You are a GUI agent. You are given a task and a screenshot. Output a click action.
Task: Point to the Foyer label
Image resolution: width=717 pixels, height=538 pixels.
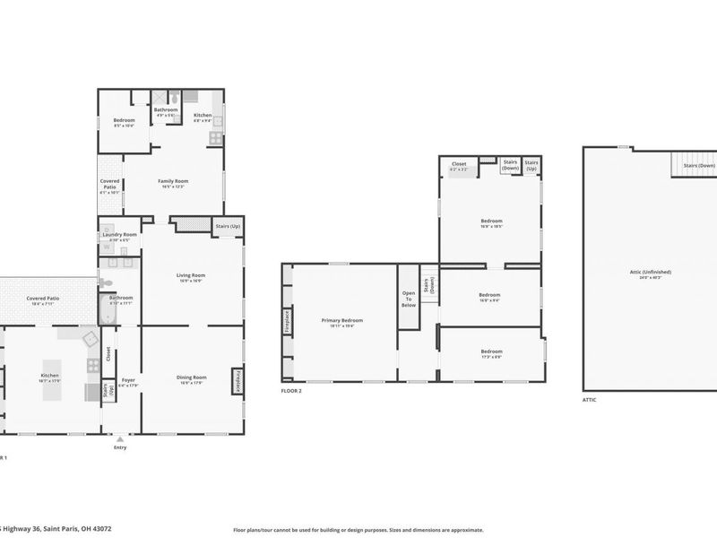coord(128,380)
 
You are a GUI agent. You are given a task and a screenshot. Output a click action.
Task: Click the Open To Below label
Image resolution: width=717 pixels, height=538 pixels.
coord(409,299)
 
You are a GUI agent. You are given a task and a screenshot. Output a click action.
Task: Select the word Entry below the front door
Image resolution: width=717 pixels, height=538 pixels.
coord(120,447)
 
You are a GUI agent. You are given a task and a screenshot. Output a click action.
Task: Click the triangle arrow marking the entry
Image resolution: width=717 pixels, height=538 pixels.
coord(120,438)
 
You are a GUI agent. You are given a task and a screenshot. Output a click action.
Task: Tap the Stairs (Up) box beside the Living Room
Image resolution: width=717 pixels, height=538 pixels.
coord(227,226)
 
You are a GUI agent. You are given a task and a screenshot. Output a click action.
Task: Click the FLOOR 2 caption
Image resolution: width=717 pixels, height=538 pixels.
coord(291,391)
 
